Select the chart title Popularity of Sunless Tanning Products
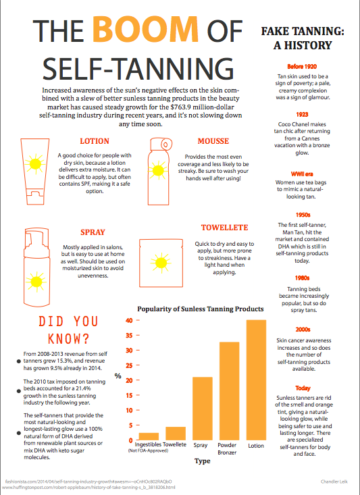click(200, 309)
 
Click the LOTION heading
click(95, 142)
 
